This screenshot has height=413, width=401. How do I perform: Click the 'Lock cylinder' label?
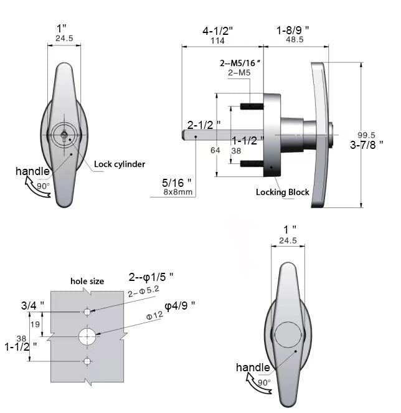[120, 164]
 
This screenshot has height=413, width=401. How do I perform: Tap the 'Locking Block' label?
[283, 192]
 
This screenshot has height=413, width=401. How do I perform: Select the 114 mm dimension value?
[218, 40]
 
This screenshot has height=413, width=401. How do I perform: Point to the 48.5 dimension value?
[295, 39]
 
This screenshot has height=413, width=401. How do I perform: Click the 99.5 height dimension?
[366, 135]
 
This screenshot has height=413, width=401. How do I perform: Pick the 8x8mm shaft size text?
[178, 192]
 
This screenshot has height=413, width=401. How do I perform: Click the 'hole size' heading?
[87, 282]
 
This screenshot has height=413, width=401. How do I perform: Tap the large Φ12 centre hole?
[87, 336]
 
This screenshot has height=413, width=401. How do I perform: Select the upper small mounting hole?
[87, 312]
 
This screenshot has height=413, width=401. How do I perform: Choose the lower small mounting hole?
[87, 361]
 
